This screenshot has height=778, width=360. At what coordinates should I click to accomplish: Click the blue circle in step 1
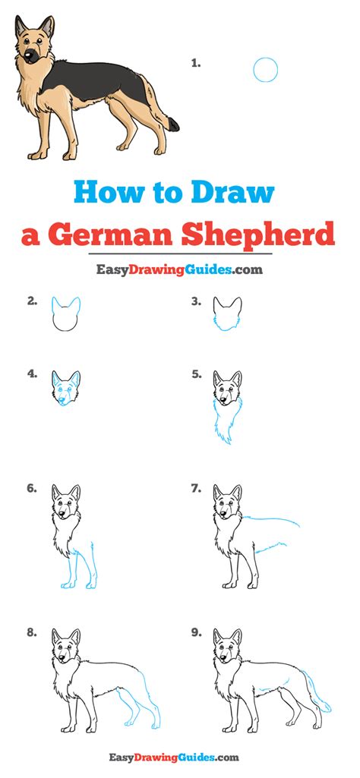tap(265, 70)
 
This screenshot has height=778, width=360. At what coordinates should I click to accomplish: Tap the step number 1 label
tap(195, 65)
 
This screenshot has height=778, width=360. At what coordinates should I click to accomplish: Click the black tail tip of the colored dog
tap(175, 123)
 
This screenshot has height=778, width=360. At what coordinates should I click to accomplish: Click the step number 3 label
tap(195, 301)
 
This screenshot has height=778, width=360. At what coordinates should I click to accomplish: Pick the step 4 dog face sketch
tap(65, 388)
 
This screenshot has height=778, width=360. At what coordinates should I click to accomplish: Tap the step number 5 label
tap(195, 373)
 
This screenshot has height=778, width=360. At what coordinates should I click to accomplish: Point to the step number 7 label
tap(195, 488)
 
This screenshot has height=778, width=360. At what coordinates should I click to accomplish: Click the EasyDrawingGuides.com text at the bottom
tap(179, 757)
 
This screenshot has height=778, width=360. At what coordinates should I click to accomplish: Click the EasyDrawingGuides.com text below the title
tap(179, 269)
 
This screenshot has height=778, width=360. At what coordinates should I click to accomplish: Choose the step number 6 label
tap(32, 488)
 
